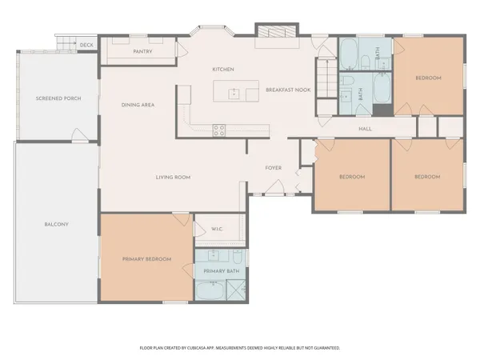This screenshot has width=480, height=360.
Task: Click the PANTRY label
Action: tap(142, 52)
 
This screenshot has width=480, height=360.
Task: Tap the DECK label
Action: tap(86, 45)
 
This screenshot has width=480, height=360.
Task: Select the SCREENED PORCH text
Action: tap(54, 98)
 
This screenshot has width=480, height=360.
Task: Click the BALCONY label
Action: tap(56, 224)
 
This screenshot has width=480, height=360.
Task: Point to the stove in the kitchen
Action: tap(218, 130)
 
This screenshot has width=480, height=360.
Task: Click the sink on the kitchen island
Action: tap(234, 93)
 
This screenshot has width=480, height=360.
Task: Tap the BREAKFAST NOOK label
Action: tap(288, 90)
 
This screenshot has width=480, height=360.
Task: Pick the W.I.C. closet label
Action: tap(216, 230)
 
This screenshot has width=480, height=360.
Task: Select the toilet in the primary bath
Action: tap(238, 257)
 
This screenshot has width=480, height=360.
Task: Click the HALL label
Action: tap(365, 129)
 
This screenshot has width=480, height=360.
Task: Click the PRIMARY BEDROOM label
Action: tap(146, 258)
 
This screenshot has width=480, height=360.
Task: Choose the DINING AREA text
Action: tap(138, 105)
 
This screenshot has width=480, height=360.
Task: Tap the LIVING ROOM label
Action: tap(172, 177)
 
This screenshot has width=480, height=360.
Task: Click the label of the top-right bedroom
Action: tap(428, 78)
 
